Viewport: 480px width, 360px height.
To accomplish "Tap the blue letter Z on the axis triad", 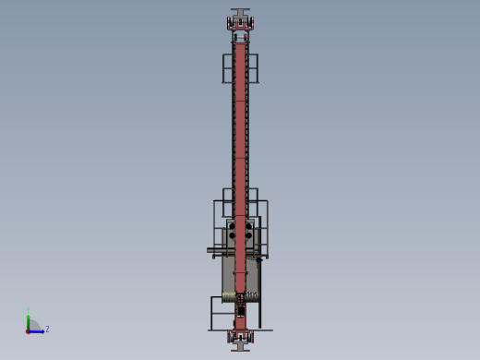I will (47, 329).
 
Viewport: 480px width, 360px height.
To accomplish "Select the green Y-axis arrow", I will (28, 321).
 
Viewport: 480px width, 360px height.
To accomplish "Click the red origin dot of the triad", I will (28, 330).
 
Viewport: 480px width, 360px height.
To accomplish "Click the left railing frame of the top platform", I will (227, 68).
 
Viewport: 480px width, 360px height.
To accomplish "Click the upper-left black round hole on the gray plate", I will (232, 223).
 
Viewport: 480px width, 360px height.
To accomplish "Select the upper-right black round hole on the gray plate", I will (248, 223).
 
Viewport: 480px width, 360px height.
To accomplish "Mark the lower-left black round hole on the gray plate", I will (232, 236).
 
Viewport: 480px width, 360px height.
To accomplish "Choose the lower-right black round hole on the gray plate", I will (248, 236).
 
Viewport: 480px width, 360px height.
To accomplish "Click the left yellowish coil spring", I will (228, 295).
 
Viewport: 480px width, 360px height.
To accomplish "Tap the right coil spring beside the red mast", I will (251, 296).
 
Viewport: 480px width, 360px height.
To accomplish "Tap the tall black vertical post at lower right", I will (259, 295).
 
